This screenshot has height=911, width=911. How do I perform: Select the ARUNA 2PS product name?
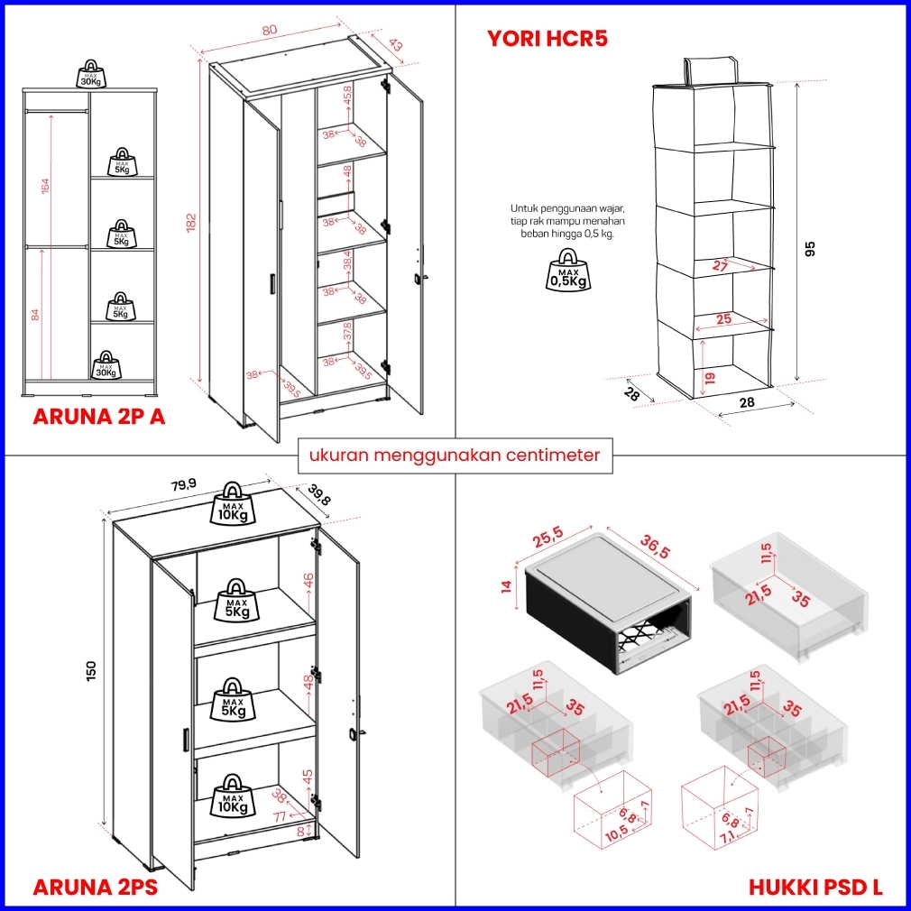pos(95,888)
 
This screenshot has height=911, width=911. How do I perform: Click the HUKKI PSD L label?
pos(815,888)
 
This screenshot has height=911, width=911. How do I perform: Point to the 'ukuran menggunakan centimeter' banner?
pos(454,455)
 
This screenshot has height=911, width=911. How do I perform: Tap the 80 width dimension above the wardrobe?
pos(269,29)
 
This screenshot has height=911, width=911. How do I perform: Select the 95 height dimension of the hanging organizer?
pos(809,253)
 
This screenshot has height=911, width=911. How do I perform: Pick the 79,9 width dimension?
pos(183,484)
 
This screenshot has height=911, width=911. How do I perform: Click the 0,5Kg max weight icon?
pos(568,273)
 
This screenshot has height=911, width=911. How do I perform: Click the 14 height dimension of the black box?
pos(506,585)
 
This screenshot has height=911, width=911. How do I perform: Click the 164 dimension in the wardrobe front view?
pos(45,186)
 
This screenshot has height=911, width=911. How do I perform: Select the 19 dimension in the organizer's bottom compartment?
pos(709,377)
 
